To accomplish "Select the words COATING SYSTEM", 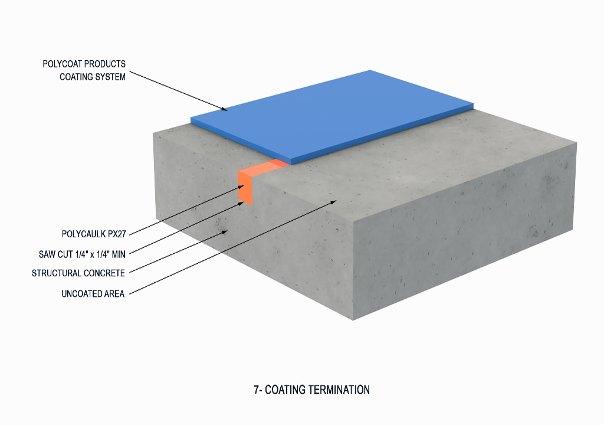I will coord(93,77).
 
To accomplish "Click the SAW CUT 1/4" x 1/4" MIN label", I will coord(82,254).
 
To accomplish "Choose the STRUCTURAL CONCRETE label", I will coord(78,273).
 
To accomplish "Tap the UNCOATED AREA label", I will coord(93,293).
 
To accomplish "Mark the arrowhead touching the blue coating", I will coord(225,109).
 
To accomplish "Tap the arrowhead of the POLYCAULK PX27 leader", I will coord(241,187).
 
